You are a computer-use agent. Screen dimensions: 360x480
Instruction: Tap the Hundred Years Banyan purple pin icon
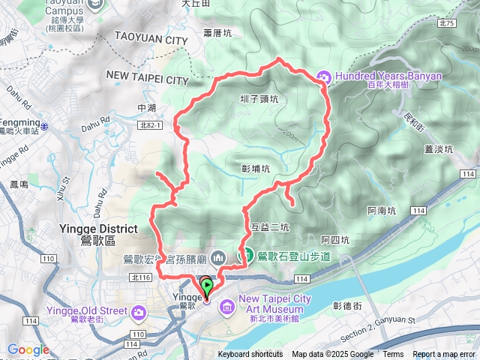pyautogui.click(x=324, y=76)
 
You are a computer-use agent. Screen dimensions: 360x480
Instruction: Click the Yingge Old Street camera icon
pyautogui.click(x=139, y=311)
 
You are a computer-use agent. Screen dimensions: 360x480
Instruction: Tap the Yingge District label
pyautogui.click(x=98, y=229)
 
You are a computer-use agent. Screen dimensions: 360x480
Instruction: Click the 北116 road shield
pyautogui.click(x=140, y=277)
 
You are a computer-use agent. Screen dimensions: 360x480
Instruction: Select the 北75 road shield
pyautogui.click(x=448, y=24)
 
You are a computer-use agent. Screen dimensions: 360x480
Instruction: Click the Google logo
pyautogui.click(x=28, y=349)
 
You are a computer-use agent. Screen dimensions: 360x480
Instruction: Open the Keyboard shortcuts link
pyautogui.click(x=250, y=355)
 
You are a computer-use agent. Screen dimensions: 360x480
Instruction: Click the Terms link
pyautogui.click(x=393, y=355)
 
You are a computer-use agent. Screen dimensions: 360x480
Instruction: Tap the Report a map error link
pyautogui.click(x=444, y=355)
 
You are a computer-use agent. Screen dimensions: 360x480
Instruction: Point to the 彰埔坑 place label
pyautogui.click(x=256, y=169)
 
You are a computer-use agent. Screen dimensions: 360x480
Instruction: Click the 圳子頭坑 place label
pyautogui.click(x=259, y=98)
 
